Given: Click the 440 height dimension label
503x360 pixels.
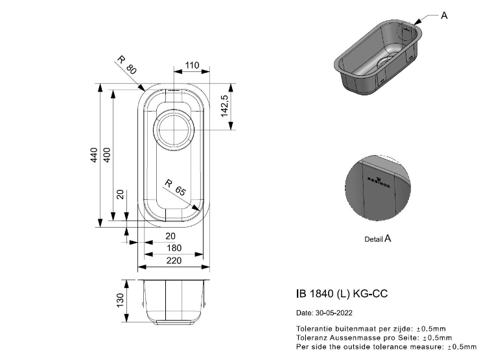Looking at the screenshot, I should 94,156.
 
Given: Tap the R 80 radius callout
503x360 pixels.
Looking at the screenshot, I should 127,66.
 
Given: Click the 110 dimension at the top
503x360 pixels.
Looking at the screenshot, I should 192,66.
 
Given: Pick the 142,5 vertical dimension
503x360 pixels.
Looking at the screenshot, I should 224,105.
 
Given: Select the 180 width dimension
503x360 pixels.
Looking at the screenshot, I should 174,248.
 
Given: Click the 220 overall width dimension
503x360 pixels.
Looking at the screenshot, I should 174,260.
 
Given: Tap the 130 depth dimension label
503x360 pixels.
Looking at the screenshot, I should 120,300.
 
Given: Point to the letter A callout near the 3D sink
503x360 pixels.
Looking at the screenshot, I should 444,15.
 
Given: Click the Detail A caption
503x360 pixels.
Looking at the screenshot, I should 378,239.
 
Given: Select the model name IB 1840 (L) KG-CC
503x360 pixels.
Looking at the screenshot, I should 342,293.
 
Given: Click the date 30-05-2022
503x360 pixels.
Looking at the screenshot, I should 327,313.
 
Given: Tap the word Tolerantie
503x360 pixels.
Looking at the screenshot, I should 311,329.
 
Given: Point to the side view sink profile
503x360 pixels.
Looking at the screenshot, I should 174,301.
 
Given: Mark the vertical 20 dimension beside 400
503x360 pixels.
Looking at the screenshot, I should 120,195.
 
